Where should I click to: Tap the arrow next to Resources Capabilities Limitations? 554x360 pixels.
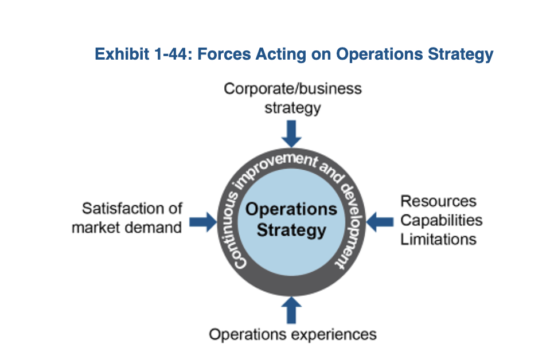(x=380, y=221)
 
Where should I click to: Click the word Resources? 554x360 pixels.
(x=438, y=201)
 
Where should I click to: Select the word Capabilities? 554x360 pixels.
(x=441, y=220)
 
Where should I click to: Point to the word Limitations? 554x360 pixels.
(x=438, y=239)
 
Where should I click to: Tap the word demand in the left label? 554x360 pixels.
(x=154, y=227)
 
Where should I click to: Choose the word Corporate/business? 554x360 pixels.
(x=292, y=89)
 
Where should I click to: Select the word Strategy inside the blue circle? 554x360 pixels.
(x=291, y=230)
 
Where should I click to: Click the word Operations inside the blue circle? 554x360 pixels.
(x=291, y=209)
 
